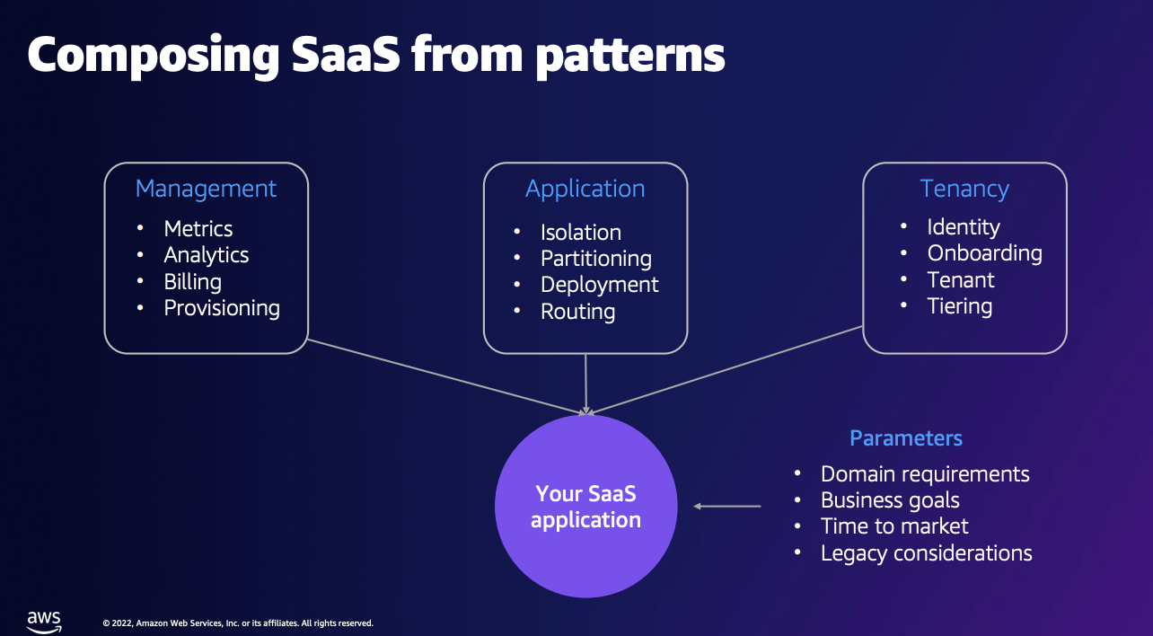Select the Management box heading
[x=206, y=189]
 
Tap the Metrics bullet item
[x=198, y=229]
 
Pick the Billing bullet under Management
[x=192, y=282]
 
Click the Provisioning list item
[x=222, y=308]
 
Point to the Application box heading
[x=585, y=189]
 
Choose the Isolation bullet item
[x=580, y=233]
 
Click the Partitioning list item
[x=595, y=259]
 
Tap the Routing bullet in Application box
[x=577, y=312]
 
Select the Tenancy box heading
[x=964, y=189]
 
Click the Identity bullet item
[x=963, y=227]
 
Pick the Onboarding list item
[x=984, y=253]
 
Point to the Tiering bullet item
[x=959, y=306]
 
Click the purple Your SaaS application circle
[x=585, y=506]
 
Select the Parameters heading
[x=905, y=438]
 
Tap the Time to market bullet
[x=894, y=526]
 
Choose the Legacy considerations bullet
[x=926, y=553]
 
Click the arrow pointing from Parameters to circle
[x=727, y=507]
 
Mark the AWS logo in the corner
[x=43, y=621]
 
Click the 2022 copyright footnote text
[x=238, y=623]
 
